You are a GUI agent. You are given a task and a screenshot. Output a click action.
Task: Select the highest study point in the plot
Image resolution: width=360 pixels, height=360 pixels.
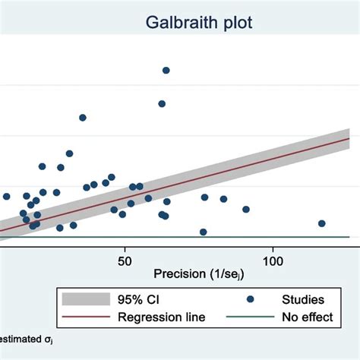tap(166, 71)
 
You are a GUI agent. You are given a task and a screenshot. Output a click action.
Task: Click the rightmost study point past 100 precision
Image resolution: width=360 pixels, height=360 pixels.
tap(322, 223)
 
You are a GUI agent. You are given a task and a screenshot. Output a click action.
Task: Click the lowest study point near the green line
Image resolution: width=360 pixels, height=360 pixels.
tap(203, 232)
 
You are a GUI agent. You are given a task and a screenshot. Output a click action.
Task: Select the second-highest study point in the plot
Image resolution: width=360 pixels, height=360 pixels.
tap(162, 103)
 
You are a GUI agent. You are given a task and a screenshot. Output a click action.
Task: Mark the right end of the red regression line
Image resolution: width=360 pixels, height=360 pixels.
tap(348, 138)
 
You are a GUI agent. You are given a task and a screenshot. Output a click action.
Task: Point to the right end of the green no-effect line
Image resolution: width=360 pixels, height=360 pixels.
tap(348, 237)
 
